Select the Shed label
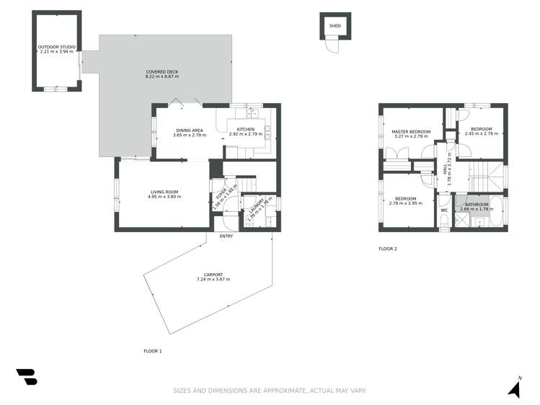point(335,26)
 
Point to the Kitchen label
point(246,130)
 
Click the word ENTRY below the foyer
point(226,236)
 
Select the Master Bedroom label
point(411,132)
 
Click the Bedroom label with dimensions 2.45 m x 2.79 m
point(482,130)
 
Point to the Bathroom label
point(476,205)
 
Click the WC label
point(444,210)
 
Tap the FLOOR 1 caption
point(153,351)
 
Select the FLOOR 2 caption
point(388,249)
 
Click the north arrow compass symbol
point(514,388)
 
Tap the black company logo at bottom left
point(26,377)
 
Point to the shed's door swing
point(332,46)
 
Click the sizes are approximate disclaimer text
point(270,391)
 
